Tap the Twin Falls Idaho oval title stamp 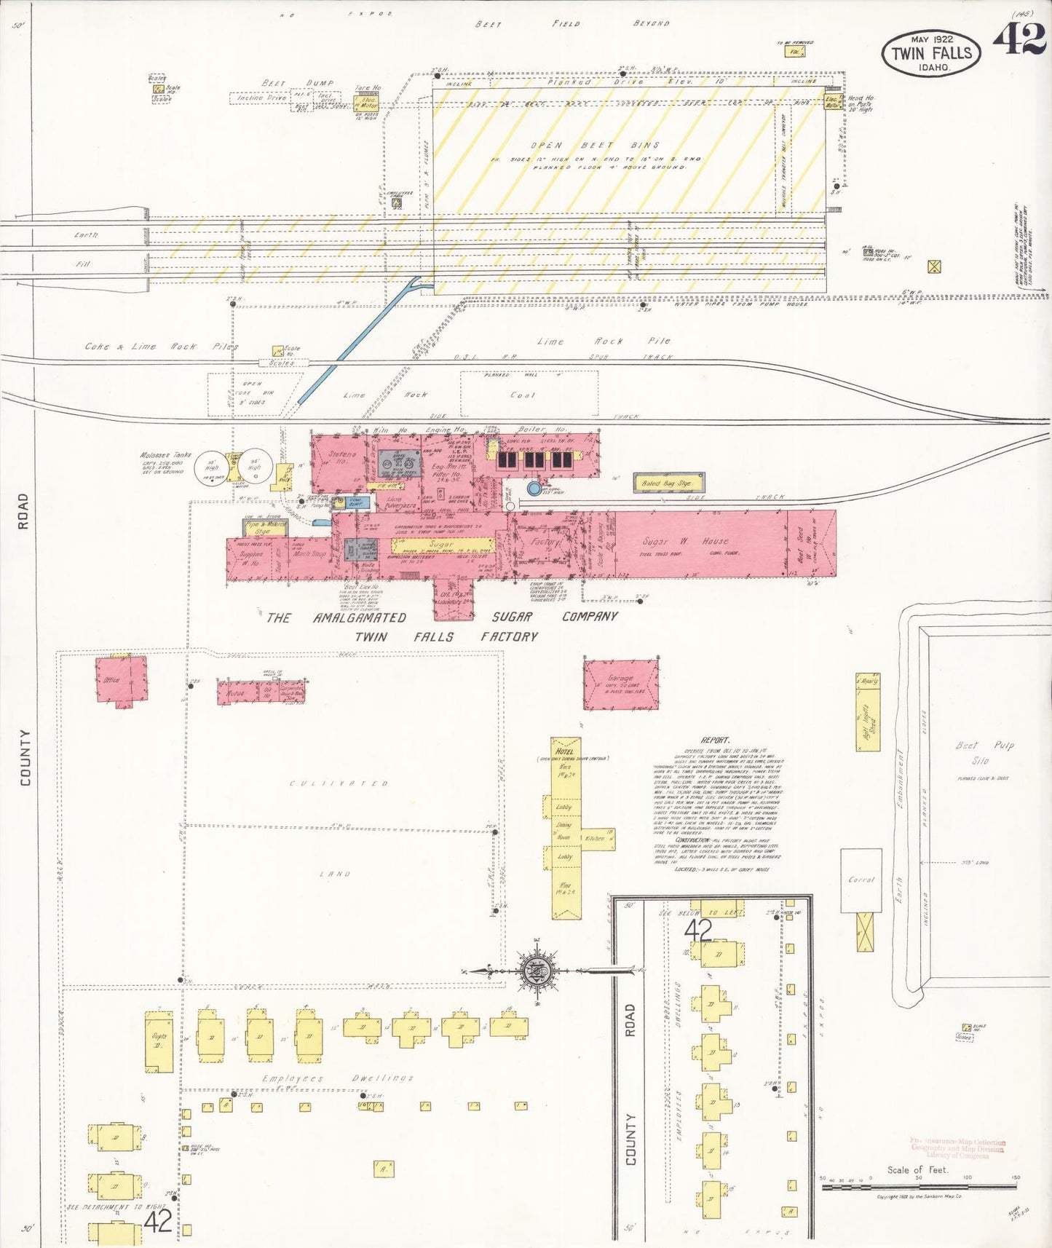tap(931, 53)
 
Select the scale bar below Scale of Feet tap(919, 1186)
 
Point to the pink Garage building tap(621, 683)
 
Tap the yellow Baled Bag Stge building tap(668, 483)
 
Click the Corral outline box tap(861, 880)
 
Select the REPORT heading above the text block tap(715, 740)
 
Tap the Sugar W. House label tap(684, 542)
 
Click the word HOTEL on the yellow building tap(564, 751)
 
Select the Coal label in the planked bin tap(522, 395)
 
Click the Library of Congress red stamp tap(957, 1148)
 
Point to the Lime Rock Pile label tap(603, 341)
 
